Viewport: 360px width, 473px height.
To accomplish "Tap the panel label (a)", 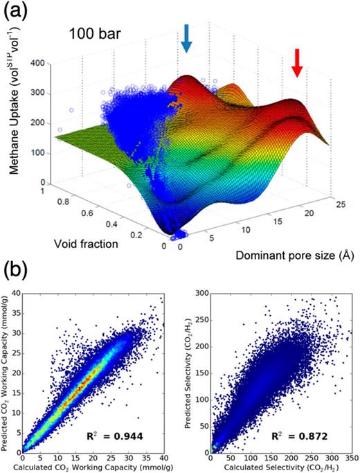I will pos(15,12).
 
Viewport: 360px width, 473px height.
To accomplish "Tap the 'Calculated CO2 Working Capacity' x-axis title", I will pos(95,468).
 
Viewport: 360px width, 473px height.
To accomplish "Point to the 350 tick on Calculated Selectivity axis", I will pos(351,458).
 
